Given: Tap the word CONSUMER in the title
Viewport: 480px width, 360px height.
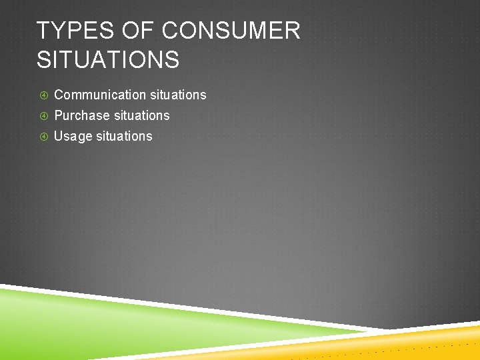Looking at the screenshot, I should [231, 31].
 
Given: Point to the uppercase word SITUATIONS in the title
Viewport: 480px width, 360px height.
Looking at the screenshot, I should [108, 60].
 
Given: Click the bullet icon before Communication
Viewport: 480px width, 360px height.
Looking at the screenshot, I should [43, 95].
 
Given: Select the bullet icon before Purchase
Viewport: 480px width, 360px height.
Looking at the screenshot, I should [43, 116].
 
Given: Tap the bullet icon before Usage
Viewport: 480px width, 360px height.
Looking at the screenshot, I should [43, 137].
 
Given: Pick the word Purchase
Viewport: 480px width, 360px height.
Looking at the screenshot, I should [82, 116].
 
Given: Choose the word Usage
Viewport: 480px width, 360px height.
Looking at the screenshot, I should [73, 137].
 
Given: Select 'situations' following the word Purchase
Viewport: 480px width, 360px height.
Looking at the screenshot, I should [141, 116].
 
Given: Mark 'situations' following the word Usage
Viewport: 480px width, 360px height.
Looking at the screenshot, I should [124, 136].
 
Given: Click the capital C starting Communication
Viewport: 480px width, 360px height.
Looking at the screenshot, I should [59, 95].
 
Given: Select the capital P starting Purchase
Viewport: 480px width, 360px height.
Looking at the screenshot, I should [58, 116].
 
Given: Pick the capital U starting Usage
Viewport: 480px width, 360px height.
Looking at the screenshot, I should [59, 136].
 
